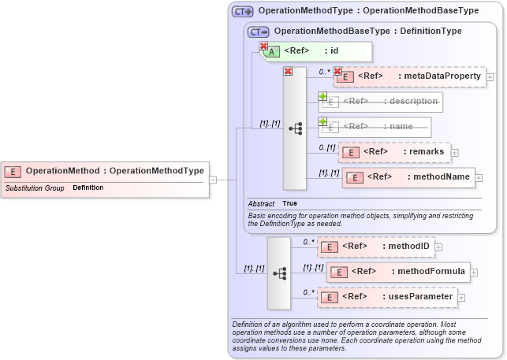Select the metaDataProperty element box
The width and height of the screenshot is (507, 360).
[x=409, y=76]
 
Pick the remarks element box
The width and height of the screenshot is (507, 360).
[x=393, y=151]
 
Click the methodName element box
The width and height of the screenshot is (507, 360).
[x=408, y=177]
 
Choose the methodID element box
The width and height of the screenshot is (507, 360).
[x=375, y=247]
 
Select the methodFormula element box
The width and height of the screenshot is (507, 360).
[x=398, y=272]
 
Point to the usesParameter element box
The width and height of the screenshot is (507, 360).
[x=387, y=296]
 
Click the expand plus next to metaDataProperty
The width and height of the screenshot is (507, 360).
[x=490, y=77]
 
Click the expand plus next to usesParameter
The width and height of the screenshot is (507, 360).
[x=462, y=297]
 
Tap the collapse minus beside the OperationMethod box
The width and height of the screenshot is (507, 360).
[x=212, y=180]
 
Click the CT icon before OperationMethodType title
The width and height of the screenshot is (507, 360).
[x=242, y=11]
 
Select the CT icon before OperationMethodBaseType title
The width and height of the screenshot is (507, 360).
[x=258, y=32]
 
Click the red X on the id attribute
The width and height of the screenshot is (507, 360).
[x=263, y=46]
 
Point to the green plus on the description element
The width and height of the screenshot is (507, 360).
[x=322, y=96]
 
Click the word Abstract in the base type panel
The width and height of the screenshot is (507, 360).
[x=261, y=203]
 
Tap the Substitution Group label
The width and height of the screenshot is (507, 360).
[x=35, y=188]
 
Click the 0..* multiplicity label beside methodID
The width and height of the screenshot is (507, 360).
[x=309, y=242]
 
